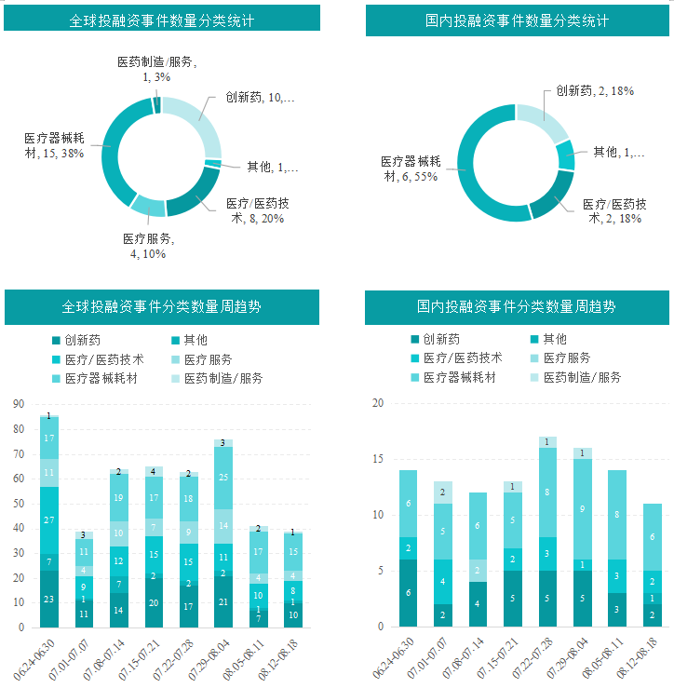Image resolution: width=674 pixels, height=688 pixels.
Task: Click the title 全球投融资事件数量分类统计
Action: coord(162,20)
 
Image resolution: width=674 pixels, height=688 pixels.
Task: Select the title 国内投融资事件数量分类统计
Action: coord(517,20)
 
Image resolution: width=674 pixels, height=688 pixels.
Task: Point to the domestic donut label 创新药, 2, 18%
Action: coord(595,91)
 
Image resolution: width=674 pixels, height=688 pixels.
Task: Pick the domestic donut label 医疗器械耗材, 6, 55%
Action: coord(415,168)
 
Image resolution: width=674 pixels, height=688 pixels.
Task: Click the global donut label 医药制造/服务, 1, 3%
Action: coord(156,70)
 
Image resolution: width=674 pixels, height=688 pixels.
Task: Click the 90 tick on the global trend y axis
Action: coord(18,405)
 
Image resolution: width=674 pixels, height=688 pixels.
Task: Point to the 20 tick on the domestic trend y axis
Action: coord(378,404)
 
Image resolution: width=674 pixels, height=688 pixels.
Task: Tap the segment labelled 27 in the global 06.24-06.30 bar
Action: coord(49,519)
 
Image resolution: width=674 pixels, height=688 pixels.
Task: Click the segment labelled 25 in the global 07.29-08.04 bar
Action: coord(222,478)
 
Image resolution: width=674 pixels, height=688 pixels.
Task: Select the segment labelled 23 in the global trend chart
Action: coord(49,600)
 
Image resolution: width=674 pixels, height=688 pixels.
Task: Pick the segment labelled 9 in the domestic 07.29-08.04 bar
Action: coord(582,509)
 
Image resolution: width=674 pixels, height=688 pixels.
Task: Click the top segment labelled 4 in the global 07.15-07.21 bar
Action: coord(154,472)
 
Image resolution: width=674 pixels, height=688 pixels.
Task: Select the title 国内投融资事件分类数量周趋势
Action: coord(517,306)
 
